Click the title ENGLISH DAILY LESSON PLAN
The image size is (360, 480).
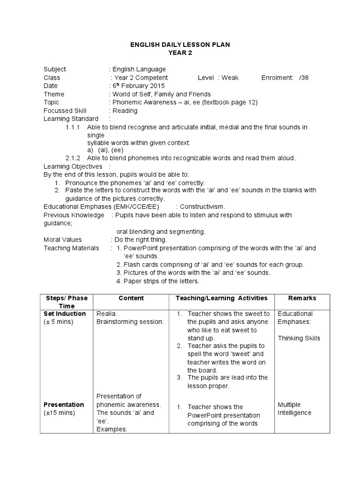(x=180, y=45)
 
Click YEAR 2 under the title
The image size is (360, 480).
(x=180, y=52)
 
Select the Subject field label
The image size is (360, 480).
(x=55, y=69)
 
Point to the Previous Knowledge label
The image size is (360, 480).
(x=74, y=215)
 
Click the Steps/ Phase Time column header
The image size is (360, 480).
(x=67, y=302)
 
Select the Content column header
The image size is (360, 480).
(x=131, y=298)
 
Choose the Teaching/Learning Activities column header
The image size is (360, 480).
(x=221, y=298)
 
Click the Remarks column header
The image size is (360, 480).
(x=302, y=298)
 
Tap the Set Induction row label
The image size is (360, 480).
(x=65, y=314)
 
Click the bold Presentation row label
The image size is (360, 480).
(x=64, y=405)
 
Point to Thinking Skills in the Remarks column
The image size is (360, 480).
(x=299, y=338)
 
